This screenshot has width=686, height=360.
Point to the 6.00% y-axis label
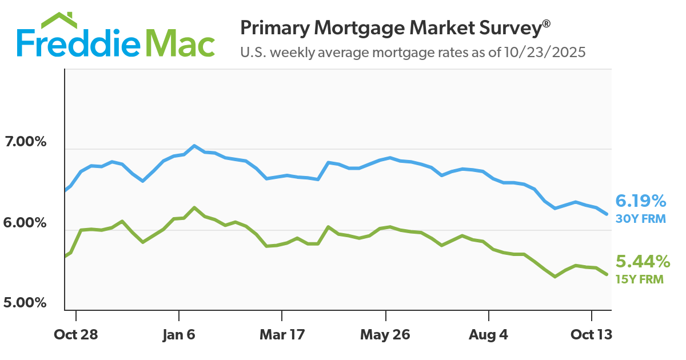pos(25,222)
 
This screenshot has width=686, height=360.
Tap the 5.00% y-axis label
pos(25,302)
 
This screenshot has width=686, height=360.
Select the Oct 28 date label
pos(76,334)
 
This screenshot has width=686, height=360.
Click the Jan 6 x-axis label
pos(179,334)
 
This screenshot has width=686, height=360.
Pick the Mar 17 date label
pos(282,334)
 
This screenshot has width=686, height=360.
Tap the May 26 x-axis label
pos(385,334)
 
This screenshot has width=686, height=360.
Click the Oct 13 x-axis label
pos(592,334)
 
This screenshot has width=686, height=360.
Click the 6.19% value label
pos(640,201)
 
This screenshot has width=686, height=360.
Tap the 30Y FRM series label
pos(640,218)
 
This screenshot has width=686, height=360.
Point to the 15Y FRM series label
pos(639,279)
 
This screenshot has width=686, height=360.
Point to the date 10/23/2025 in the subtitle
pos(545,53)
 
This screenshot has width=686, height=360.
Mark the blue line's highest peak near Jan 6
pos(194,146)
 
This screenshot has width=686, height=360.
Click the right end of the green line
pos(607,275)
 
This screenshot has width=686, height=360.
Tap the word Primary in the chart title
pos(273,28)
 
